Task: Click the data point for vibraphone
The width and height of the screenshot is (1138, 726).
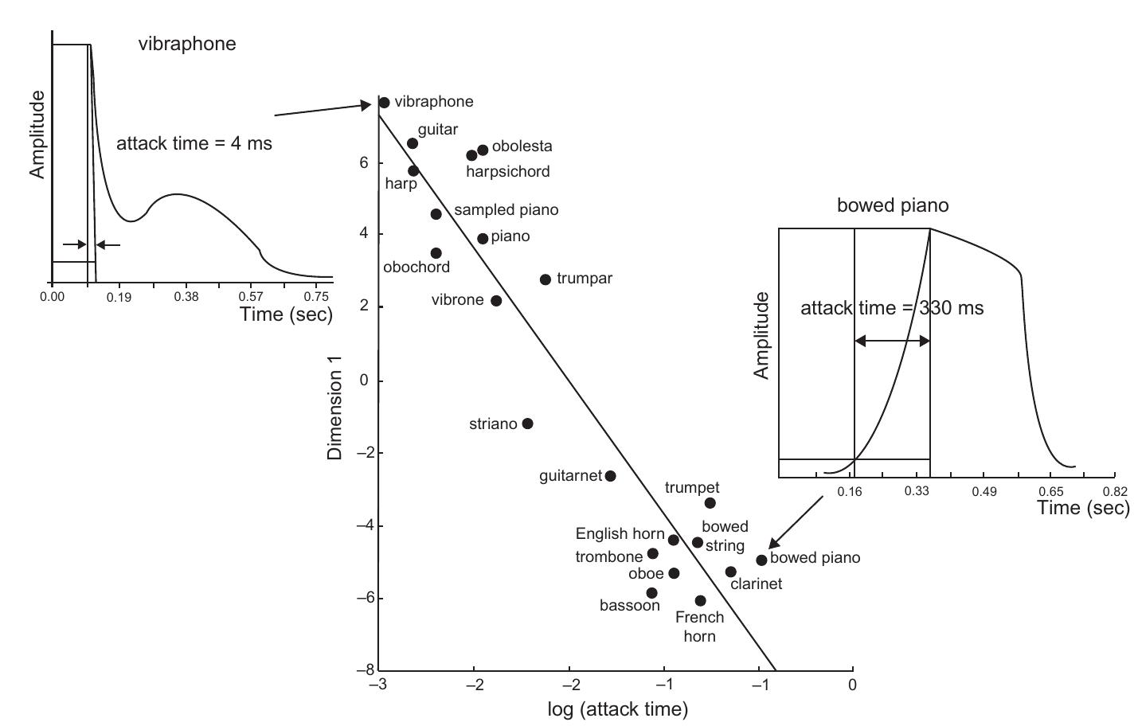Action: point(384,103)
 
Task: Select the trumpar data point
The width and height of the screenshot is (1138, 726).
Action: point(546,279)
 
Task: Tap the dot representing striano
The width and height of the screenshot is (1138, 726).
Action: point(527,423)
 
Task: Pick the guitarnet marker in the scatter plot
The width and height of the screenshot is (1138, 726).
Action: point(611,476)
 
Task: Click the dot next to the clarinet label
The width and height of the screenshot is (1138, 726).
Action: point(731,572)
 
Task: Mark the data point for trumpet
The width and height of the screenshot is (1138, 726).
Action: point(710,503)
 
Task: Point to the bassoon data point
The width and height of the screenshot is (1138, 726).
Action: point(651,593)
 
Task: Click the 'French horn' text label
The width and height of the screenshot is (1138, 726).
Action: point(699,626)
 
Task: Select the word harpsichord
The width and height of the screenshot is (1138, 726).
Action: point(508,171)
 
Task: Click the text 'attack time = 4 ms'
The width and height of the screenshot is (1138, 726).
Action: point(194,143)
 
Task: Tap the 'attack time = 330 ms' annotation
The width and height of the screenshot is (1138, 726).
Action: point(892,308)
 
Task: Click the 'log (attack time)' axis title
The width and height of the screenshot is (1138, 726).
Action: point(618,708)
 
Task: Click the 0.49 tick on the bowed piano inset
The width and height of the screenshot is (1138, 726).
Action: point(984,491)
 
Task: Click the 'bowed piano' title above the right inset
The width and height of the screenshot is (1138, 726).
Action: point(893,205)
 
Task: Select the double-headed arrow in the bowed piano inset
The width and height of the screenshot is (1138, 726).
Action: point(892,341)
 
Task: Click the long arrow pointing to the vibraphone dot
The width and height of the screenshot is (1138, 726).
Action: point(323,110)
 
